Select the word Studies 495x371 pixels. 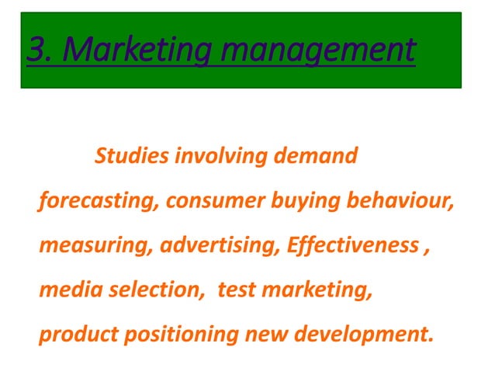click(x=131, y=156)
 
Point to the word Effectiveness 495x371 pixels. click(x=350, y=246)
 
